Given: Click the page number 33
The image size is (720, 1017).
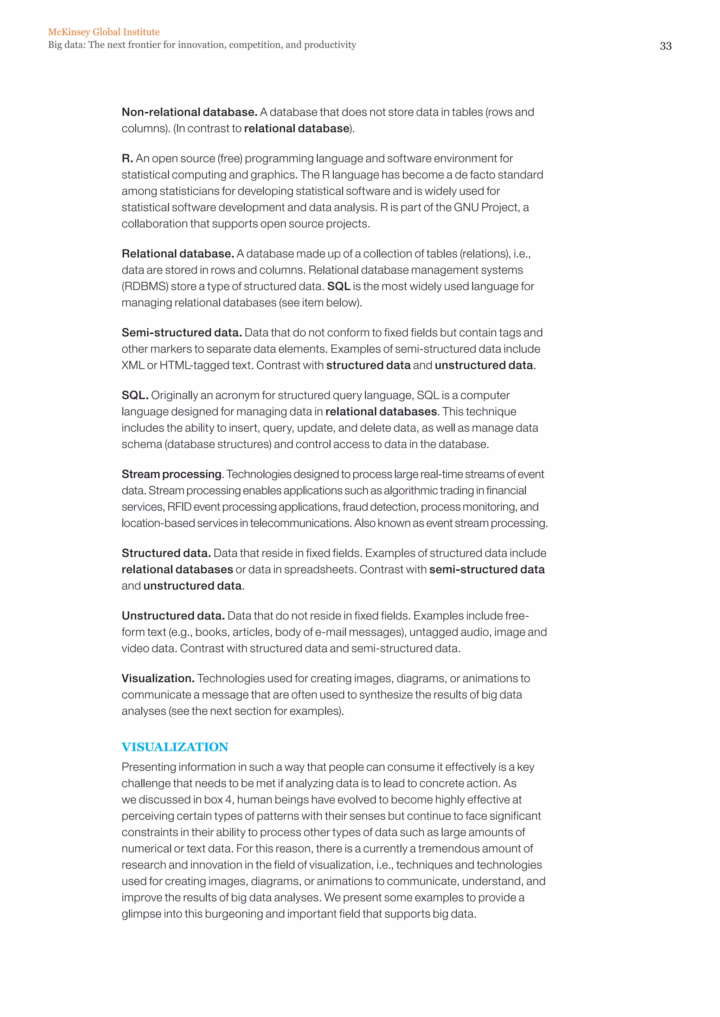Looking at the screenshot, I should click(x=666, y=46).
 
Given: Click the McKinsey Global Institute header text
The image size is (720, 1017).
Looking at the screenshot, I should click(x=104, y=32).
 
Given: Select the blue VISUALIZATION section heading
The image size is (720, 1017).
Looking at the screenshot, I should click(x=175, y=747).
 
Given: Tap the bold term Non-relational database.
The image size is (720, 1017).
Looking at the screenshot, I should click(x=189, y=112).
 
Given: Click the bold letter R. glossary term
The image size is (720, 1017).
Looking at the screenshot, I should click(x=127, y=159).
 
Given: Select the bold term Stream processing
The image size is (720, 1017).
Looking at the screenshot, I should click(x=172, y=474).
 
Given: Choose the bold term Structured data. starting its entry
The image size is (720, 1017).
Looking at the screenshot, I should click(x=166, y=553).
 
